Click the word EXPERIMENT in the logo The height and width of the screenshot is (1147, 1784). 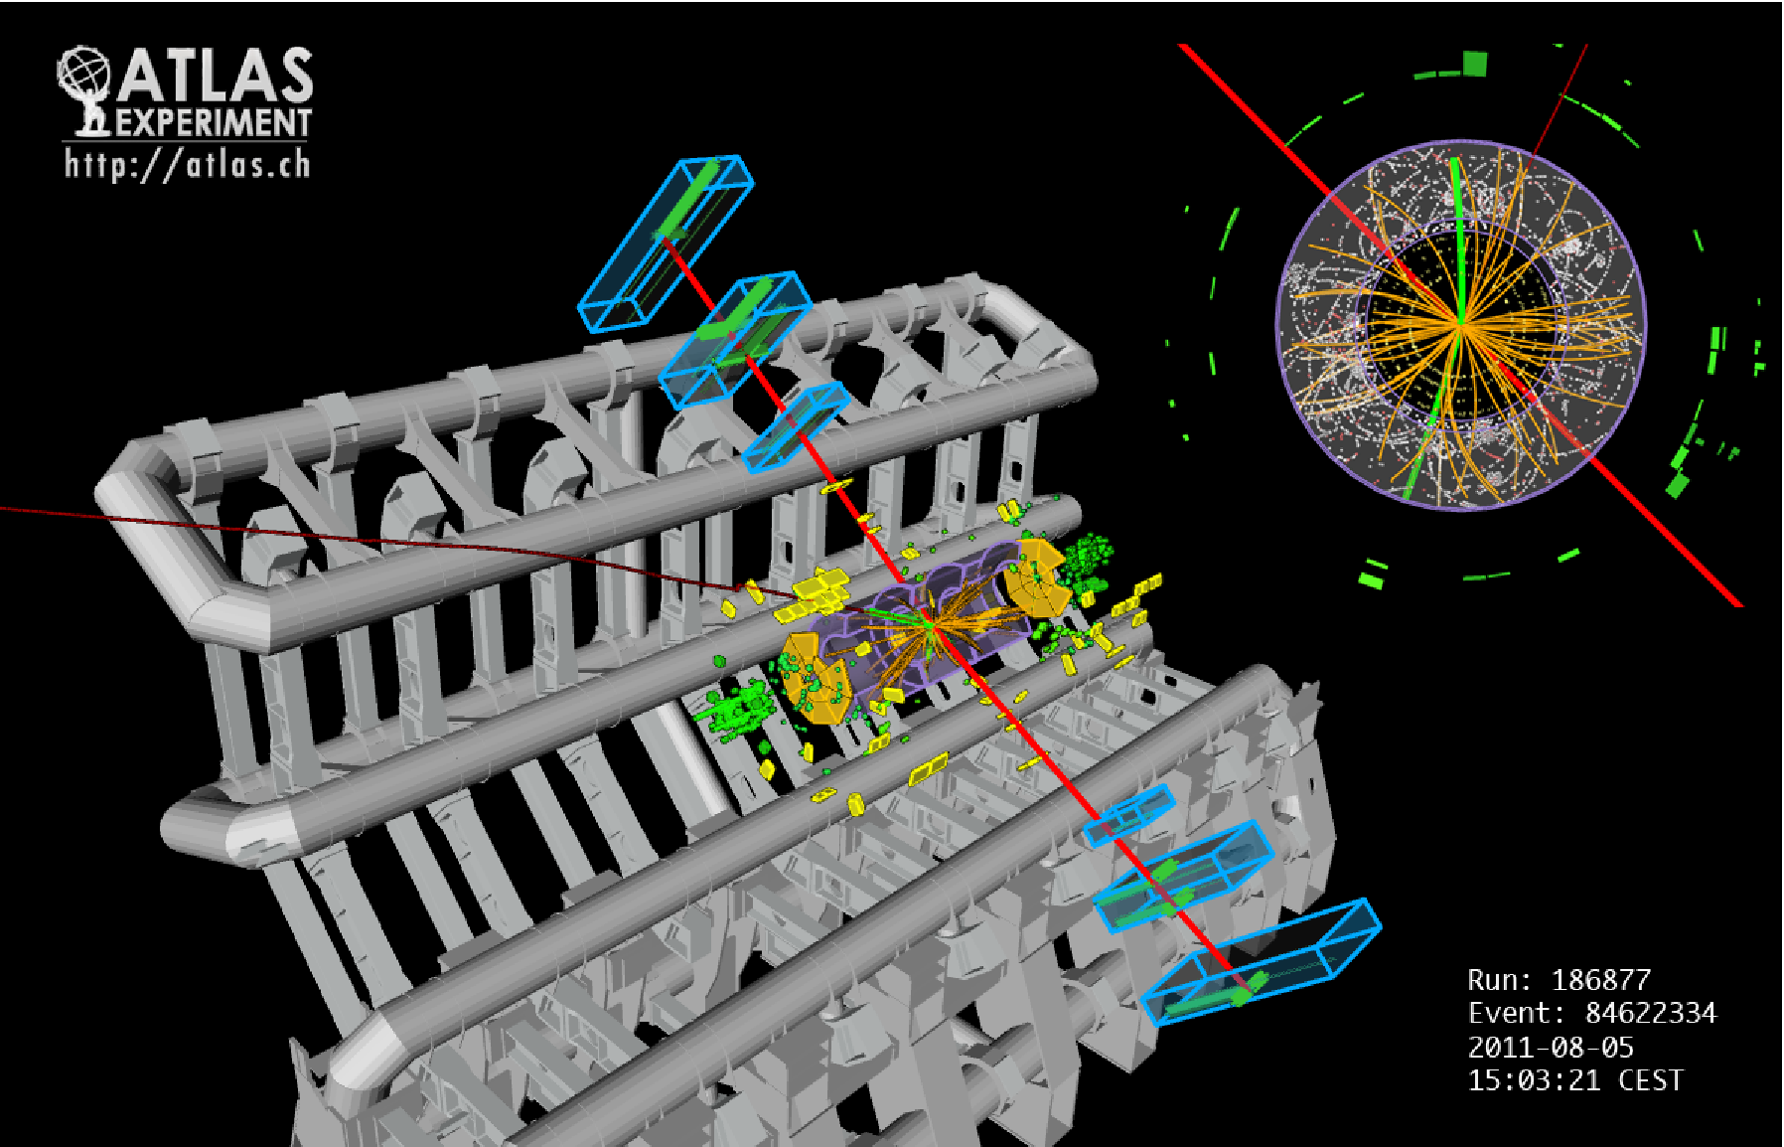tap(214, 122)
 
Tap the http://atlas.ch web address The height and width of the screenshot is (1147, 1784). tap(188, 163)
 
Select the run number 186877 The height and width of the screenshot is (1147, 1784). tap(1600, 980)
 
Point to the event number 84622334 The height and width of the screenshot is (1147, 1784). tap(1650, 1013)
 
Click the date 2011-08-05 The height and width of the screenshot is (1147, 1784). tap(1551, 1047)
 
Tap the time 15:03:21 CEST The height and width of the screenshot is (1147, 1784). tap(1575, 1080)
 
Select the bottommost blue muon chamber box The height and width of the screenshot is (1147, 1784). tap(1260, 961)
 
